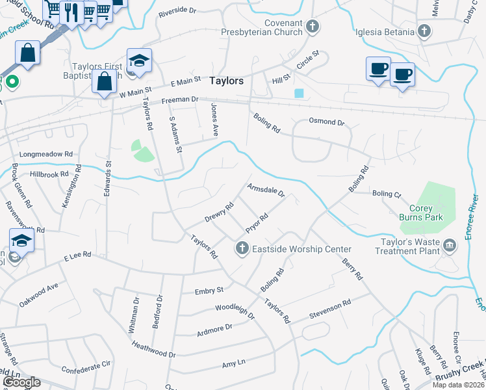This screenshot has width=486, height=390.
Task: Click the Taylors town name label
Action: coord(227,81)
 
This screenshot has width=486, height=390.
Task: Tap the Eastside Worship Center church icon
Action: coord(242,248)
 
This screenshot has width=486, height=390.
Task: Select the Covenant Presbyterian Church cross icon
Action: coord(313,27)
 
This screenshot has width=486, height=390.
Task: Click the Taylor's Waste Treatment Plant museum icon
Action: coord(450,245)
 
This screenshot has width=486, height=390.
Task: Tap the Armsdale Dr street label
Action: coord(266,190)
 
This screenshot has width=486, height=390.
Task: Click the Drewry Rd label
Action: coord(220,213)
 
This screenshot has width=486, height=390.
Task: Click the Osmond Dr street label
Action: coord(326,122)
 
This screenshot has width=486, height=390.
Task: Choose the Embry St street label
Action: coord(209,291)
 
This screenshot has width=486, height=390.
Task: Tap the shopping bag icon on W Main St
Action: coord(105,83)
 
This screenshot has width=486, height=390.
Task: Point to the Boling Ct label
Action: coord(387,193)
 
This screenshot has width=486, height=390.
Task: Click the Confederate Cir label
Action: coord(86,367)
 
